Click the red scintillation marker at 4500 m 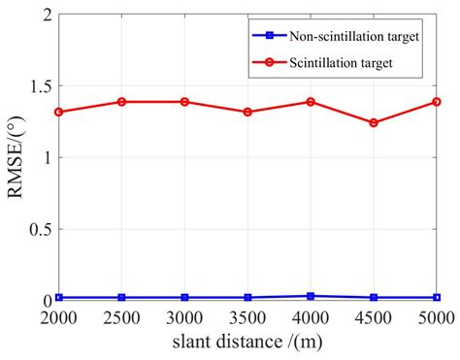pos(374,122)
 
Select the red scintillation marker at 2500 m pos(122,101)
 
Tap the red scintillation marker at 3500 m pos(248,112)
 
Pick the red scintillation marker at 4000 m pos(311,101)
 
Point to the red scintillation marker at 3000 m pos(185,101)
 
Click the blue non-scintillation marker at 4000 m pos(311,296)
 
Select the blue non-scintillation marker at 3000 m pos(185,297)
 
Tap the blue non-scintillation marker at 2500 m pos(122,297)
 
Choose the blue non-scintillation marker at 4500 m pos(374,297)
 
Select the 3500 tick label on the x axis pos(248,317)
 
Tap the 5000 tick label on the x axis pos(436,317)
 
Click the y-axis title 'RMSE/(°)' pos(15,156)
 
